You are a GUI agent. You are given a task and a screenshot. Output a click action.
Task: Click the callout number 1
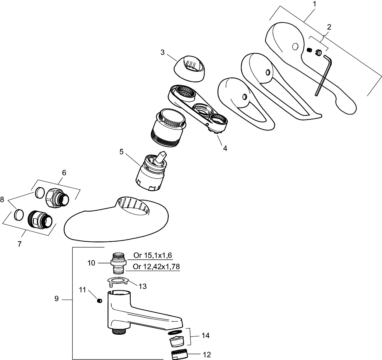pos(315,4)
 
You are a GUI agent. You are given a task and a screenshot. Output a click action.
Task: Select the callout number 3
pos(163,52)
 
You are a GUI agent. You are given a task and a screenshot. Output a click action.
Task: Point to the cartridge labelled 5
pos(152,171)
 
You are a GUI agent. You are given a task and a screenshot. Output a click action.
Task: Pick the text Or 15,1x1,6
pos(153,256)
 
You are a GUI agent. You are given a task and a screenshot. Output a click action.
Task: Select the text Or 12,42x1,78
pos(156,267)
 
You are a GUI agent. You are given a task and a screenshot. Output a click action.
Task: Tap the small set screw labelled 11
pos(99,301)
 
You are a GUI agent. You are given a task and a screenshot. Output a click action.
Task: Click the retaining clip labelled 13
pos(118,281)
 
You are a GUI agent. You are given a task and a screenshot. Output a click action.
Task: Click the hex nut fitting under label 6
pos(57,198)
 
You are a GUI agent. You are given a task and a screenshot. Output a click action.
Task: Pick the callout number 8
pos(2,199)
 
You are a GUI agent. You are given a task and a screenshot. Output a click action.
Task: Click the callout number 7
pos(19,244)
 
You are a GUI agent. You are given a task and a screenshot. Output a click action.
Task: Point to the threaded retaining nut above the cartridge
pos(168,128)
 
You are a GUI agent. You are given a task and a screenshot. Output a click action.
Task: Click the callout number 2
pos(329,27)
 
